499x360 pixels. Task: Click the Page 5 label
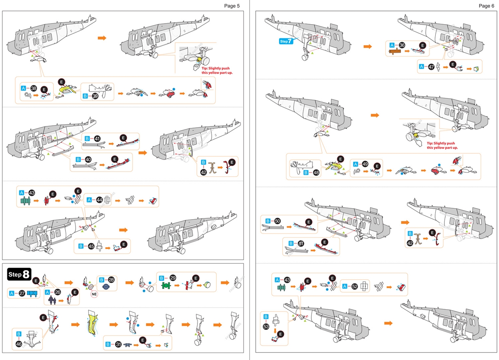[x=232, y=5]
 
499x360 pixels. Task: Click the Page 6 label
[x=486, y=5]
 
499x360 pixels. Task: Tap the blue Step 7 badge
[x=286, y=41]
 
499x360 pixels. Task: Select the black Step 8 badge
[x=19, y=274]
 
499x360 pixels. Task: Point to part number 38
[x=34, y=89]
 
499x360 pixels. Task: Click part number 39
[x=95, y=96]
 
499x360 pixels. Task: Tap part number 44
[x=100, y=200]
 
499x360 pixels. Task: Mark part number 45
[x=91, y=246]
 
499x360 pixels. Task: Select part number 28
[x=111, y=280]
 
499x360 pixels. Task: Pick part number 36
[x=402, y=45]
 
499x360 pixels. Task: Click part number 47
[x=431, y=67]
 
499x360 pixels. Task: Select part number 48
[x=316, y=172]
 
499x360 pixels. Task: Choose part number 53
[x=266, y=326]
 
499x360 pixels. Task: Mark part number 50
[x=277, y=221]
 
